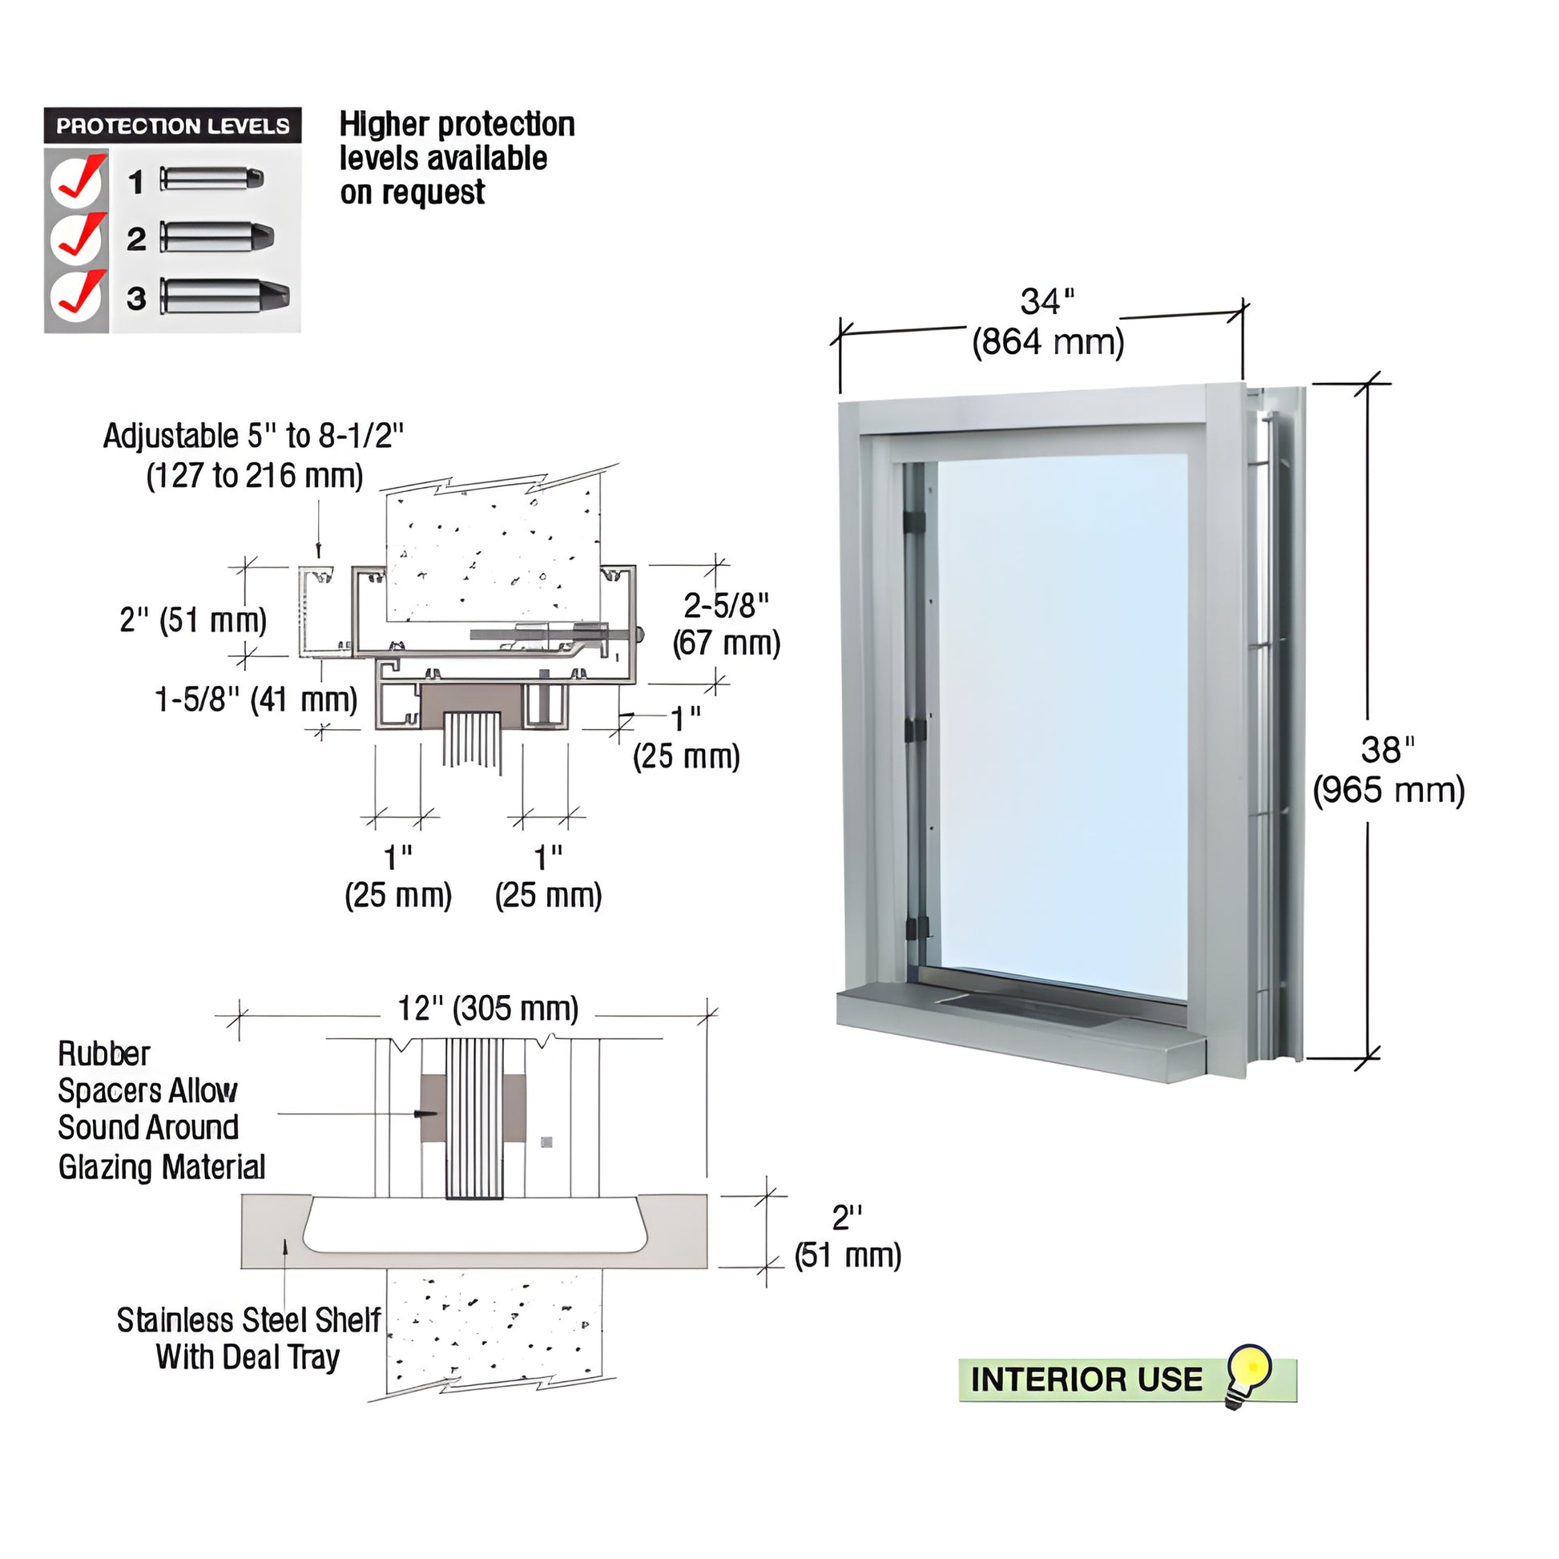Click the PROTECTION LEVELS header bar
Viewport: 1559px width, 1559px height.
coord(173,126)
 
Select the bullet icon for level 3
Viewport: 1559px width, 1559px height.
coord(224,296)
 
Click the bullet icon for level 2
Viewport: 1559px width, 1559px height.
coord(217,237)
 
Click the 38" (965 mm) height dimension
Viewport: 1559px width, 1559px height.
coord(1388,771)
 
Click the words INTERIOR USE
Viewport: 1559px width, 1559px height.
coord(1086,1379)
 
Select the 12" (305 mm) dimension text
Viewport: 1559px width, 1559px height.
coord(488,1009)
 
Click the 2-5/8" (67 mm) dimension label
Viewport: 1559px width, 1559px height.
coord(727,625)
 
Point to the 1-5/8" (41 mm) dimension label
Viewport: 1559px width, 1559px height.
coord(256,699)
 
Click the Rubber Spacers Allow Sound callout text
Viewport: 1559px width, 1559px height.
coord(161,1110)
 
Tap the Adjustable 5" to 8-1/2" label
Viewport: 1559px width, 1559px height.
coord(253,456)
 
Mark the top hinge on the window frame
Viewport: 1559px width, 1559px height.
coord(914,522)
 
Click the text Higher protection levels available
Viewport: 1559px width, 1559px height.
coord(457,159)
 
